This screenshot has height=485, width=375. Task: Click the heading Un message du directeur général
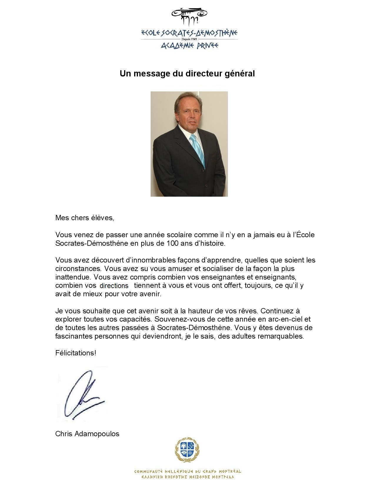187,73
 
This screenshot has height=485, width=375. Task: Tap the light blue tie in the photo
197,148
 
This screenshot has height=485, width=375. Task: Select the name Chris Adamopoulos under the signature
87,434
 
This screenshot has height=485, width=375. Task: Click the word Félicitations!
76,353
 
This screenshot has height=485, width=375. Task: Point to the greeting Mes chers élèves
84,218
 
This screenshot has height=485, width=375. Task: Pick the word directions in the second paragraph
114,286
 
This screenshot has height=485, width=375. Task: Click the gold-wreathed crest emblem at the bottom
187,450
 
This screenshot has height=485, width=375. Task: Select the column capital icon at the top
189,16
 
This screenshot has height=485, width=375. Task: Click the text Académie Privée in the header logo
189,46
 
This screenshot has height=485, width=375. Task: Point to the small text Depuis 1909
189,39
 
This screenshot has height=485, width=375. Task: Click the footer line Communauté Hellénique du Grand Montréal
187,471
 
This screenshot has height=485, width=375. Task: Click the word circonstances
78,269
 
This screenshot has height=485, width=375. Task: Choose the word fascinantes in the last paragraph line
74,336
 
